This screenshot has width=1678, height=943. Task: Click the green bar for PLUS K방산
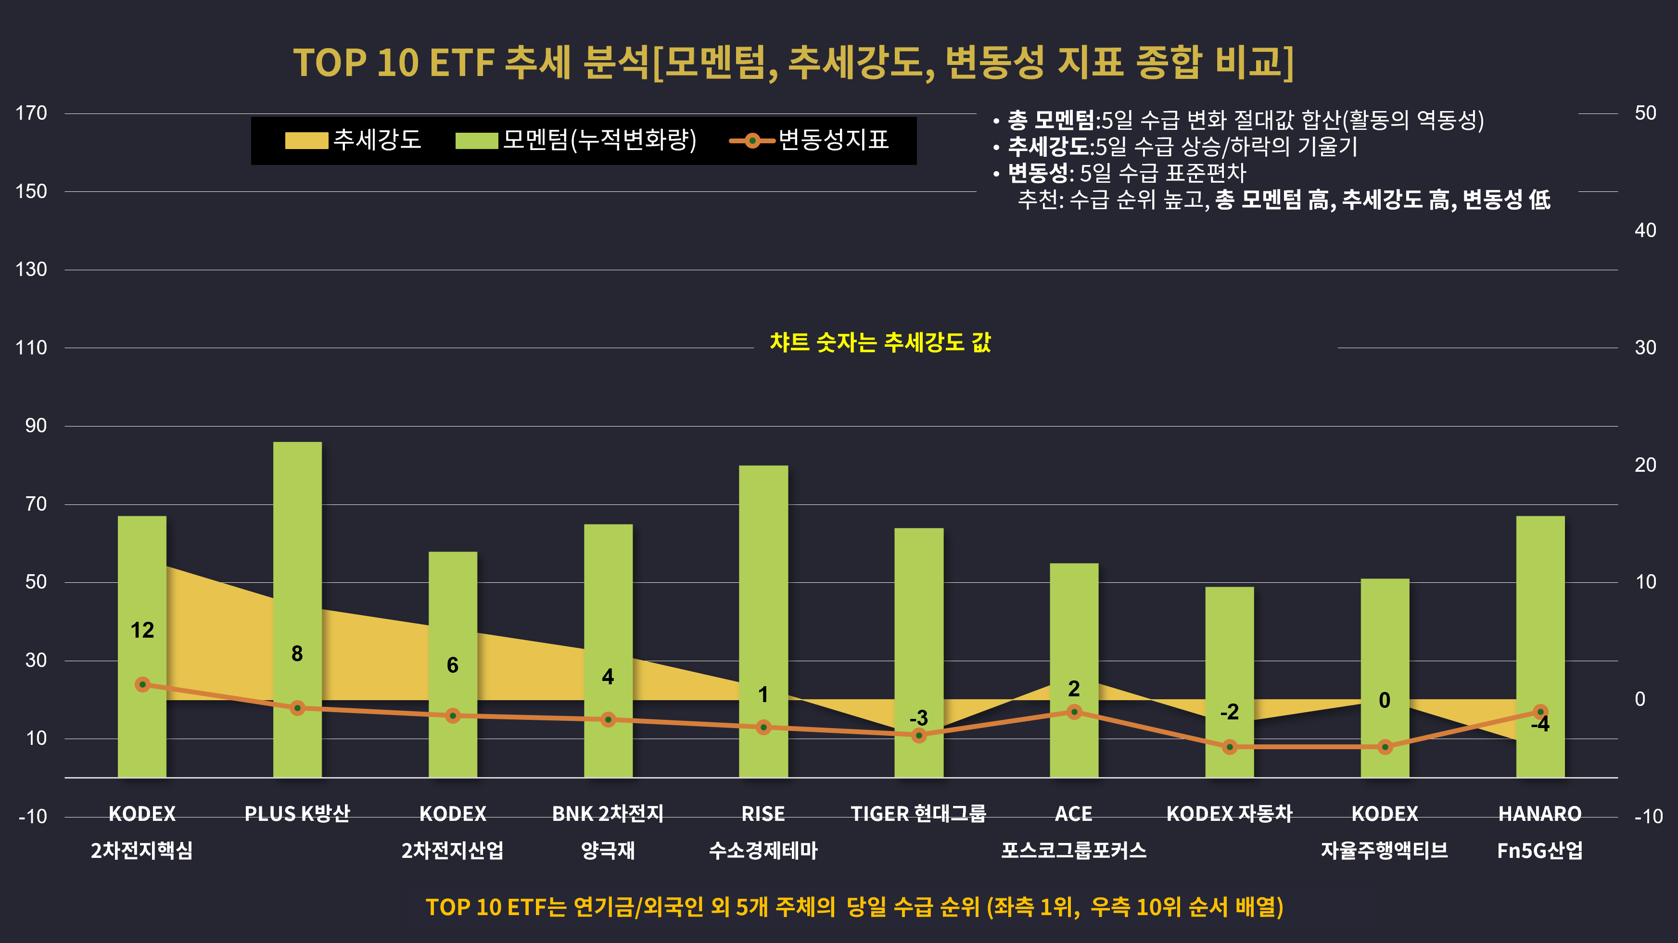tap(297, 610)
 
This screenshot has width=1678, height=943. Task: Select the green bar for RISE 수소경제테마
tap(763, 621)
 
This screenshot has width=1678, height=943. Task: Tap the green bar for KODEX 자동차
tap(1229, 682)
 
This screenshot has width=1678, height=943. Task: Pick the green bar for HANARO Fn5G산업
tap(1540, 647)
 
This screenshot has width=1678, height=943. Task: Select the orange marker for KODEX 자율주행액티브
tap(1385, 747)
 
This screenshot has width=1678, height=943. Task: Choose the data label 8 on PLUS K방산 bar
tap(297, 653)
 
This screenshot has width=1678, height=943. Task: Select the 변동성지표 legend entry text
tap(834, 140)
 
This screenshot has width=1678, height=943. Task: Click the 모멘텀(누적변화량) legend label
tap(600, 140)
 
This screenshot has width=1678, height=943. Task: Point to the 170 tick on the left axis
tap(31, 113)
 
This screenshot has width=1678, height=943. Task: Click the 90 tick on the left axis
tap(36, 426)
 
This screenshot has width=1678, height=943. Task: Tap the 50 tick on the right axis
tap(1645, 113)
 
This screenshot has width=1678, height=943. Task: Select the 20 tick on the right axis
tap(1645, 465)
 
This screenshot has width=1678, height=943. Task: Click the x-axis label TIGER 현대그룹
tap(918, 814)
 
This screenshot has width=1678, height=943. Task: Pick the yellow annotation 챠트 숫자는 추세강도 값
tap(880, 342)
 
